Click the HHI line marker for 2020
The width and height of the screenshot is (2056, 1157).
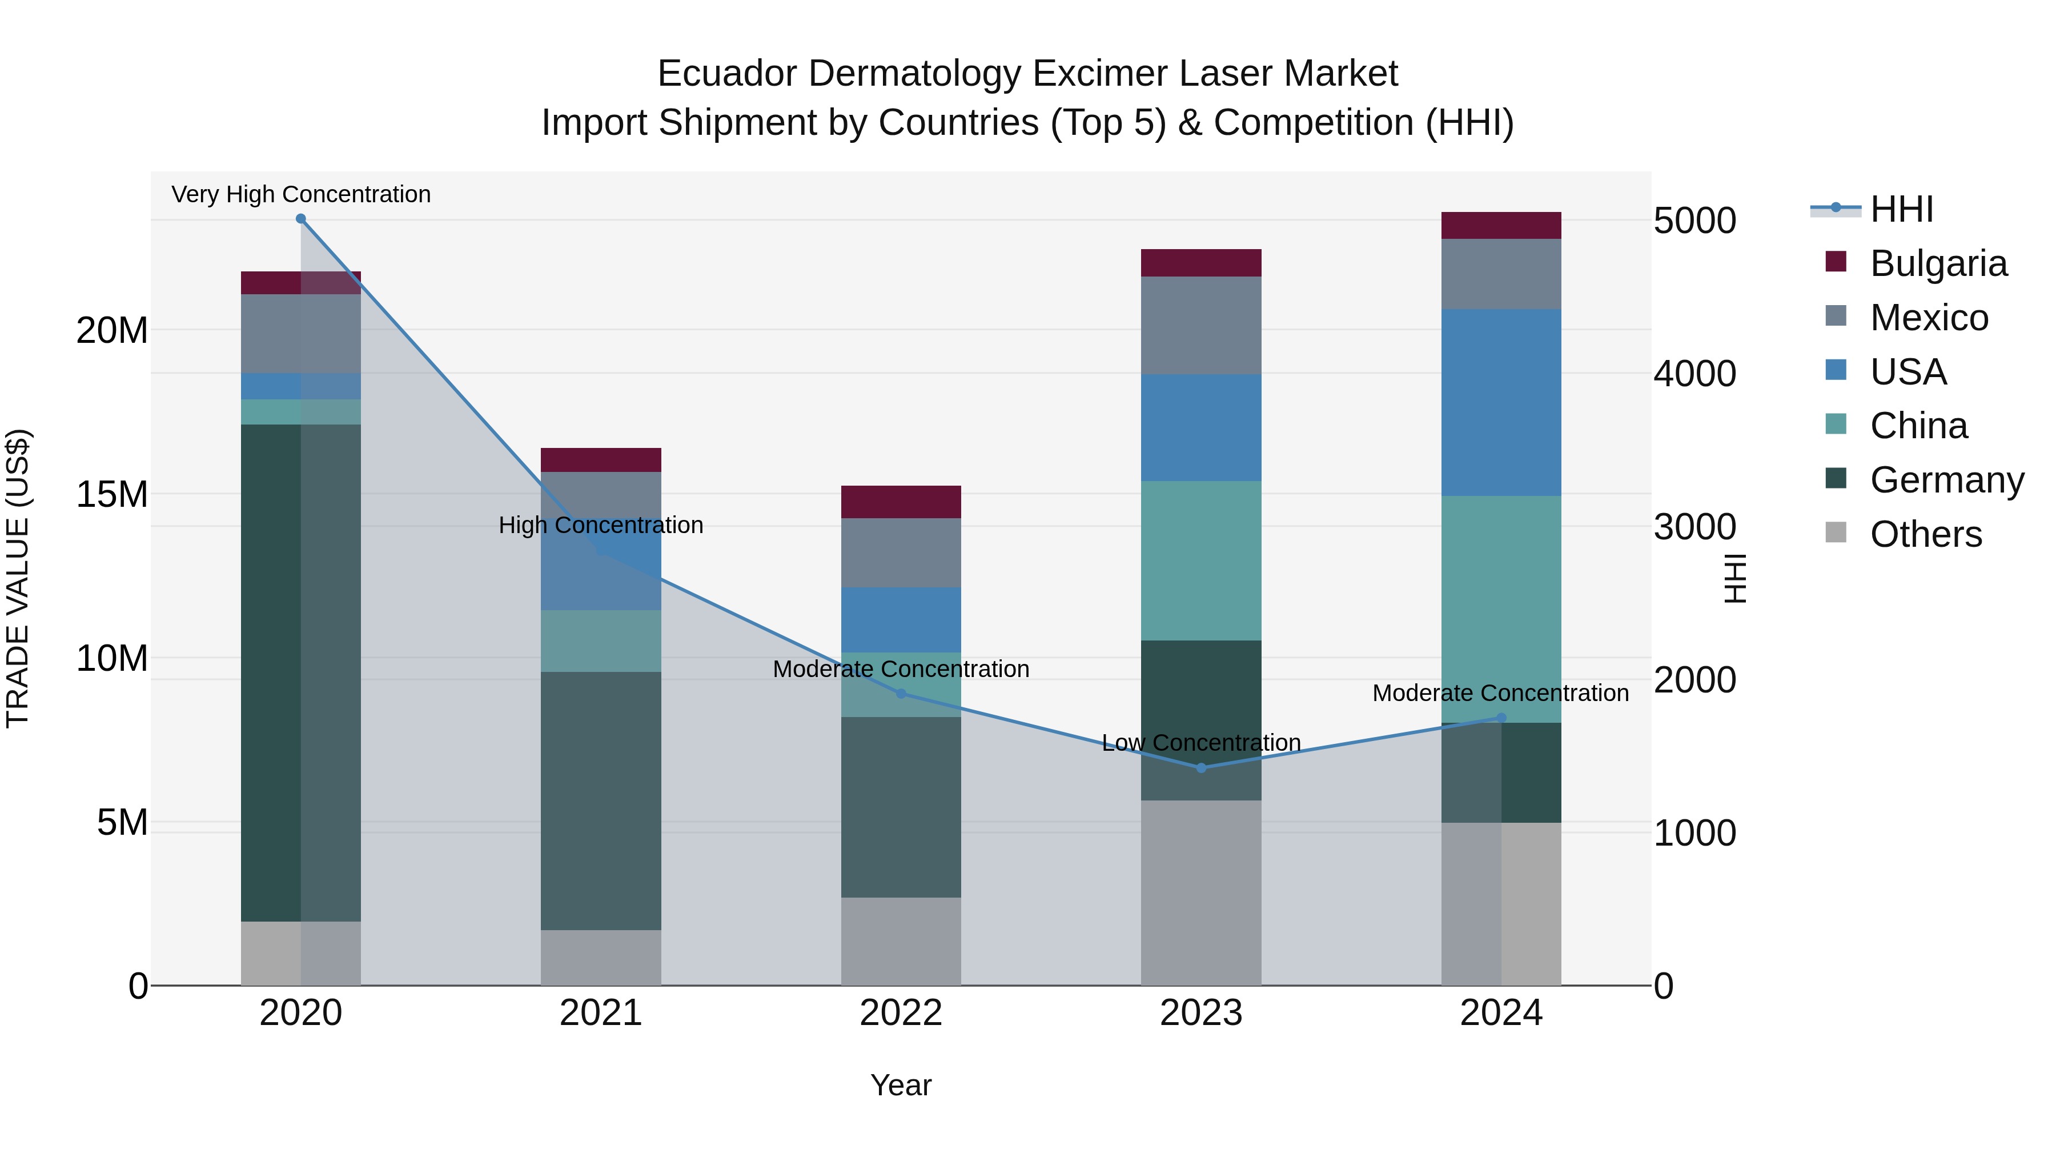tap(301, 219)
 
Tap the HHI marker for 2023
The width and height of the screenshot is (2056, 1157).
tap(1201, 768)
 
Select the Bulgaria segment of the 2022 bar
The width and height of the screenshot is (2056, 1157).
tap(901, 502)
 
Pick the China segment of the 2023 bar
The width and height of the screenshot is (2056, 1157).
tap(1201, 560)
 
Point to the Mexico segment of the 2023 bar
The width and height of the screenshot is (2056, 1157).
tap(1201, 325)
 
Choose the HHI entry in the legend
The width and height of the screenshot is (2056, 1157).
tap(1901, 209)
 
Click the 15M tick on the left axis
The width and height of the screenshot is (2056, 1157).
tap(112, 494)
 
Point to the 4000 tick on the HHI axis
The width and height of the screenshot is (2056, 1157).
tap(1694, 374)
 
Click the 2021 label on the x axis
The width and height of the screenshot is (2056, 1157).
tap(601, 1013)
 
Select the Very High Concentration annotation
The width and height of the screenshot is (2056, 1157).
tap(301, 194)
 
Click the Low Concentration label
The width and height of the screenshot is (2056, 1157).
tap(1201, 743)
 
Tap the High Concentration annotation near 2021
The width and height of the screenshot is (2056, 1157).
tap(601, 525)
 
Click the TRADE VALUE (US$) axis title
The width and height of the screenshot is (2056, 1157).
tap(18, 578)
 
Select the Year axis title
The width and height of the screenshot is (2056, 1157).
tap(901, 1085)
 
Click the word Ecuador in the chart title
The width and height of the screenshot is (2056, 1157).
tap(726, 74)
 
